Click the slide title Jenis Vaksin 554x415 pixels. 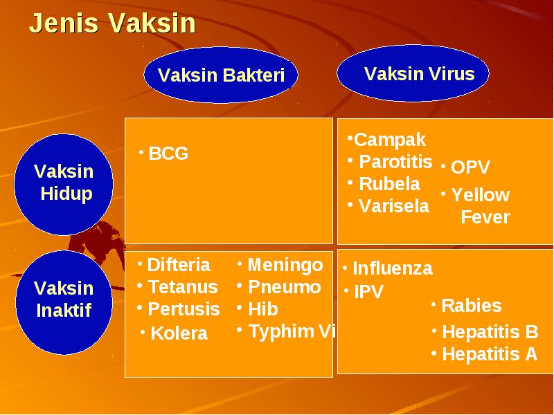tap(112, 24)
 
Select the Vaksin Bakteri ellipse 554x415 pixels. tap(221, 75)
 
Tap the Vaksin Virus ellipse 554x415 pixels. tap(413, 73)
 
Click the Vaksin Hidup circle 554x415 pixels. tap(64, 184)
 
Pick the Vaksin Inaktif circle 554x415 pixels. tap(64, 302)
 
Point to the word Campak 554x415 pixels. tap(390, 140)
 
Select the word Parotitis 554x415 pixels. tap(395, 162)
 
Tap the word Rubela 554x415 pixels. tap(389, 184)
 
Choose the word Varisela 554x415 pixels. tap(394, 206)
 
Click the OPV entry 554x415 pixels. tap(470, 167)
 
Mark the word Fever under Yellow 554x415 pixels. tap(485, 217)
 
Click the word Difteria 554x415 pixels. tap(179, 265)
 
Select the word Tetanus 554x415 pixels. tap(183, 287)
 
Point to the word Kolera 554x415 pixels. tap(179, 333)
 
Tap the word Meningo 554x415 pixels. tap(285, 266)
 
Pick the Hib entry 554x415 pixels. tap(263, 309)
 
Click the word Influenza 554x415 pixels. tap(393, 268)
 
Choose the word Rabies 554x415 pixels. tap(472, 306)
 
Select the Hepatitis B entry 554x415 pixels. tap(490, 332)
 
